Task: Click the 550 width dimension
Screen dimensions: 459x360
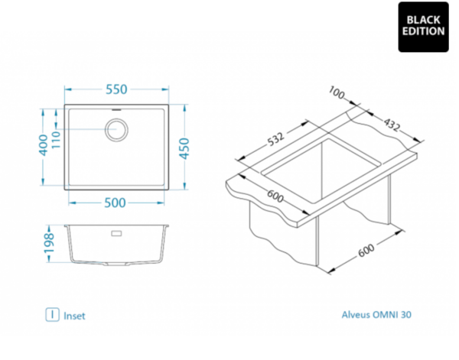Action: pyautogui.click(x=116, y=89)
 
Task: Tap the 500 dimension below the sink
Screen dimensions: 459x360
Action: pyautogui.click(x=115, y=203)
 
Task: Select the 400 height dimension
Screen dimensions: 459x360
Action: pyautogui.click(x=44, y=145)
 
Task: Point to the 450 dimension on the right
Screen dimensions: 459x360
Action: pyautogui.click(x=184, y=148)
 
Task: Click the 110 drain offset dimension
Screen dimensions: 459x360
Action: pyautogui.click(x=56, y=140)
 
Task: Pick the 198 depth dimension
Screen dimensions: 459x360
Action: pyautogui.click(x=49, y=243)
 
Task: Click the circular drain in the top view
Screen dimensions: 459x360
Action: pyautogui.click(x=116, y=130)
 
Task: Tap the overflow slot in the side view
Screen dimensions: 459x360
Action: pyautogui.click(x=116, y=233)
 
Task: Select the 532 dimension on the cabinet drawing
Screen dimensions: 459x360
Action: pyautogui.click(x=275, y=139)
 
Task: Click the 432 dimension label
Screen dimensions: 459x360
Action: pyautogui.click(x=392, y=125)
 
